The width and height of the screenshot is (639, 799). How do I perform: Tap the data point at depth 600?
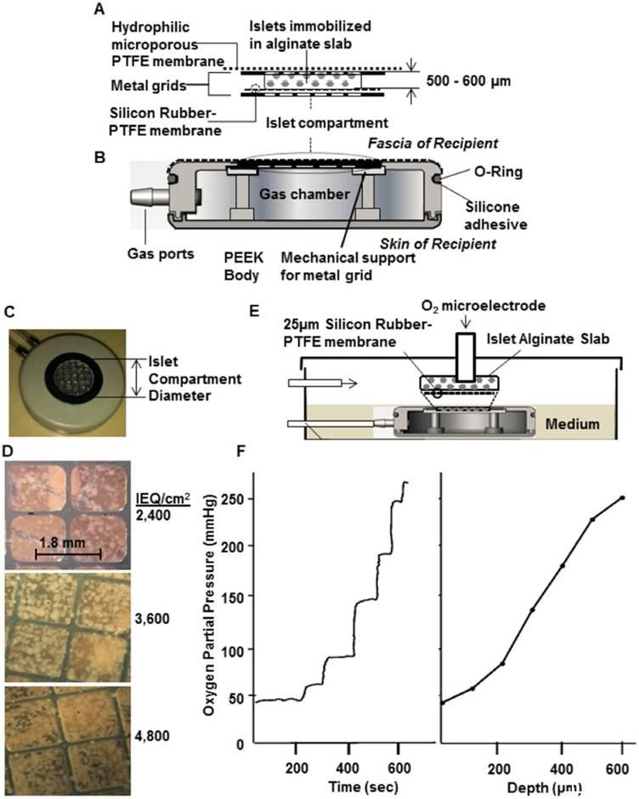point(623,498)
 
